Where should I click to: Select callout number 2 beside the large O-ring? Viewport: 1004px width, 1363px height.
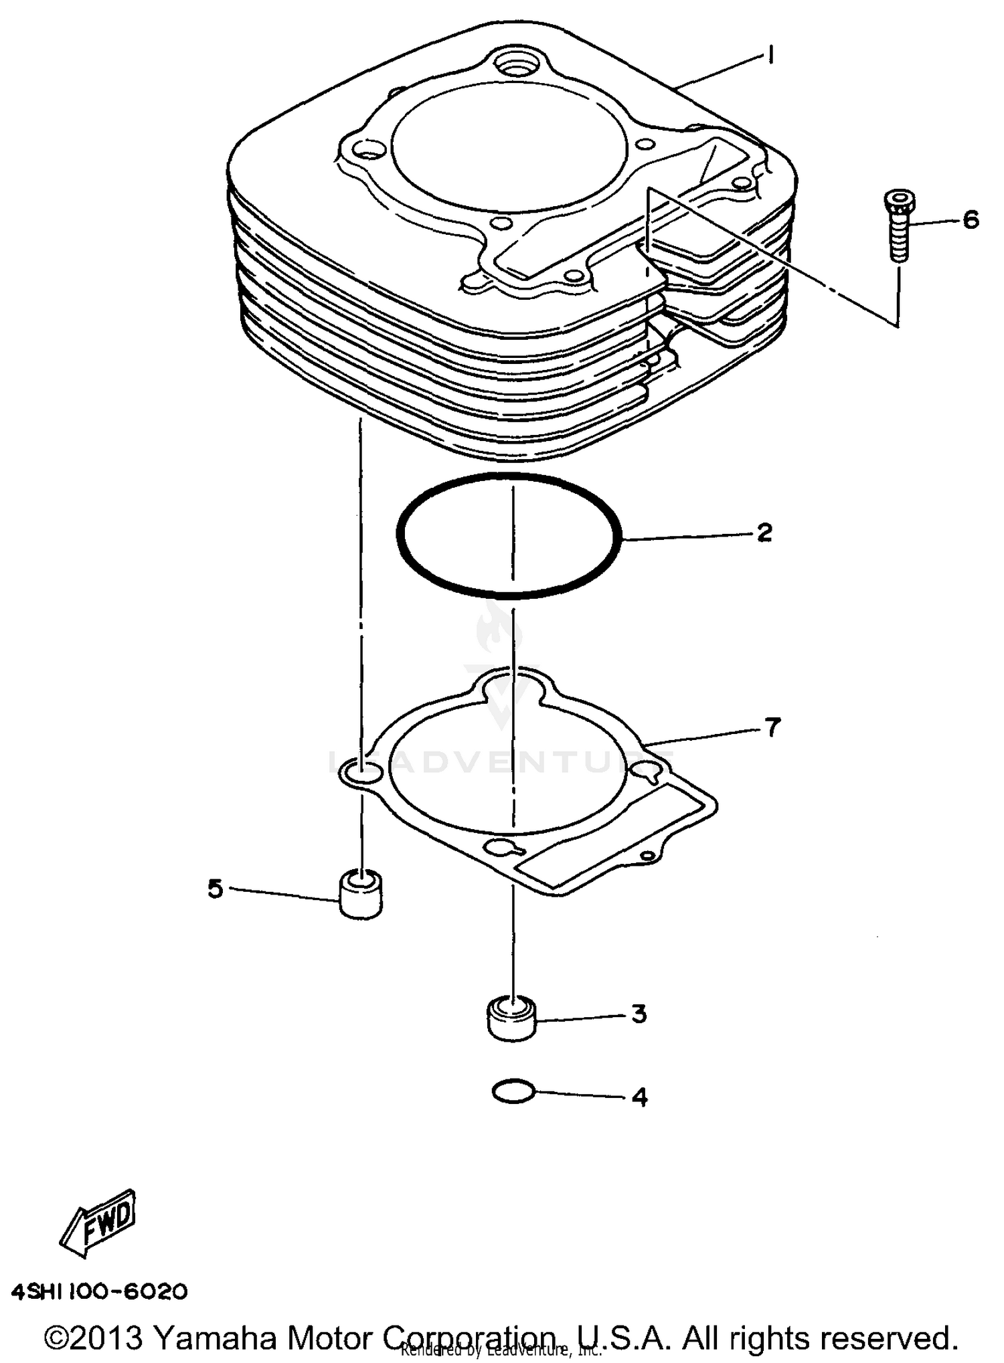[x=764, y=533]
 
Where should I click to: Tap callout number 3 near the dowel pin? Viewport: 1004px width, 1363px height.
[x=639, y=1014]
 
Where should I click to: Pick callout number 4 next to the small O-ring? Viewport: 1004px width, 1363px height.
[x=639, y=1097]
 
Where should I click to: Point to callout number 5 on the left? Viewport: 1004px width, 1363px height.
[x=215, y=889]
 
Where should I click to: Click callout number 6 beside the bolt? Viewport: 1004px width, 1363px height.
[x=971, y=219]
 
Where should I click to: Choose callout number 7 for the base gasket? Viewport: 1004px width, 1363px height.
[x=772, y=727]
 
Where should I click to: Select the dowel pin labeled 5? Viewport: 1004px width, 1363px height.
[x=361, y=895]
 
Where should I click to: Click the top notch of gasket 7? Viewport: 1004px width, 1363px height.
[x=512, y=687]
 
